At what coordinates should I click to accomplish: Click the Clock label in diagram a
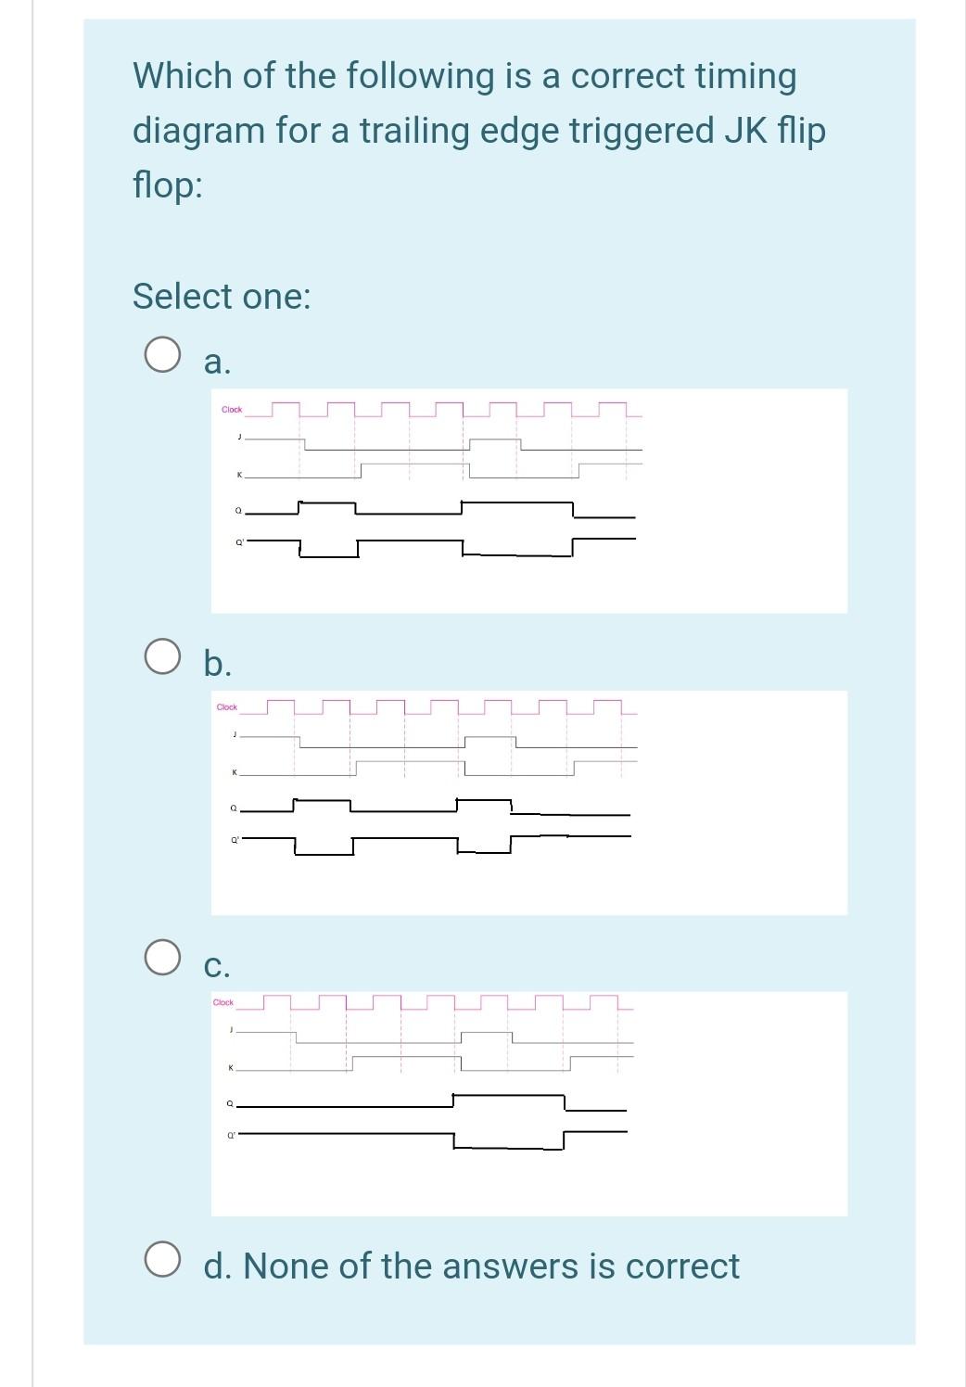point(232,410)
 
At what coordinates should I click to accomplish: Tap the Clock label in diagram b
point(227,707)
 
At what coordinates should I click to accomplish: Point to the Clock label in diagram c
point(223,1002)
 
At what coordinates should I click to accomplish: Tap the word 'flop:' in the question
point(168,185)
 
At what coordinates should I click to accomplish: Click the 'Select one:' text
point(222,297)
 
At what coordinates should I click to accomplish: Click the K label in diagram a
point(239,476)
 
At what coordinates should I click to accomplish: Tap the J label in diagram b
point(235,734)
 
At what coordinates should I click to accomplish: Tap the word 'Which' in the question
point(183,76)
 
